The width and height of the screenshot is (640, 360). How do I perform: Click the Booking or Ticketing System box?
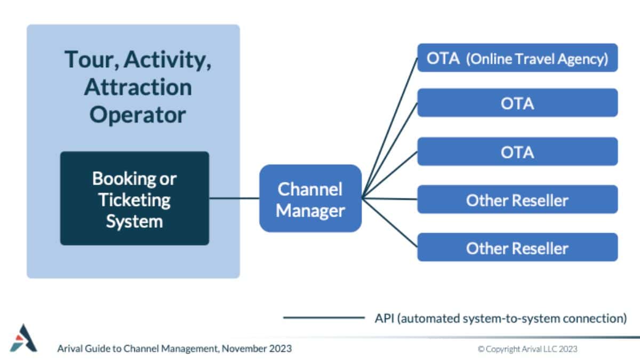pyautogui.click(x=134, y=198)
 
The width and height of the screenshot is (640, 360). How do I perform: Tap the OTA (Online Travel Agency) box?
pyautogui.click(x=517, y=58)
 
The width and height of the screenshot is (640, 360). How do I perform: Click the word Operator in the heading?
pyautogui.click(x=138, y=115)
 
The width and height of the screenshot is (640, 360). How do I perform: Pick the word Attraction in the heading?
pyautogui.click(x=138, y=87)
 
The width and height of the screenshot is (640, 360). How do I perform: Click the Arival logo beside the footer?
pyautogui.click(x=23, y=338)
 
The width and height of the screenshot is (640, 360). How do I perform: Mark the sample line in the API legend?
pyautogui.click(x=323, y=318)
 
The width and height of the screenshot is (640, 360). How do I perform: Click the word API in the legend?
pyautogui.click(x=384, y=318)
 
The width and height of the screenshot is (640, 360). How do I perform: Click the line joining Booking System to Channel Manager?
pyautogui.click(x=234, y=198)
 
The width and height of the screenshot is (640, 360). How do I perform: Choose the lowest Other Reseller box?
pyautogui.click(x=517, y=247)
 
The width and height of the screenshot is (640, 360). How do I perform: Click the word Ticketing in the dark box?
pyautogui.click(x=134, y=200)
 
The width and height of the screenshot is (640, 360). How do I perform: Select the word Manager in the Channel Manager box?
pyautogui.click(x=310, y=211)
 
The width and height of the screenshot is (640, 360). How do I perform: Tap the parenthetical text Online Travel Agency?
pyautogui.click(x=537, y=58)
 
